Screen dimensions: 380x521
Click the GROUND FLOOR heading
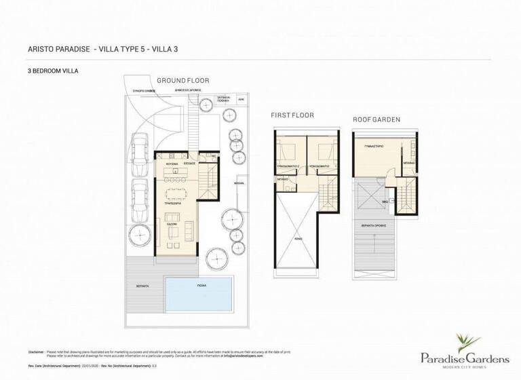pyautogui.click(x=182, y=80)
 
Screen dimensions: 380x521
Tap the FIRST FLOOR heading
pyautogui.click(x=292, y=115)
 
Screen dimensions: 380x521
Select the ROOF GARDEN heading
pyautogui.click(x=376, y=119)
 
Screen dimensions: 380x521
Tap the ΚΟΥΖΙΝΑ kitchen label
pyautogui.click(x=173, y=164)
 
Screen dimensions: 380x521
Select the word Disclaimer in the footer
pyautogui.click(x=37, y=352)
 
